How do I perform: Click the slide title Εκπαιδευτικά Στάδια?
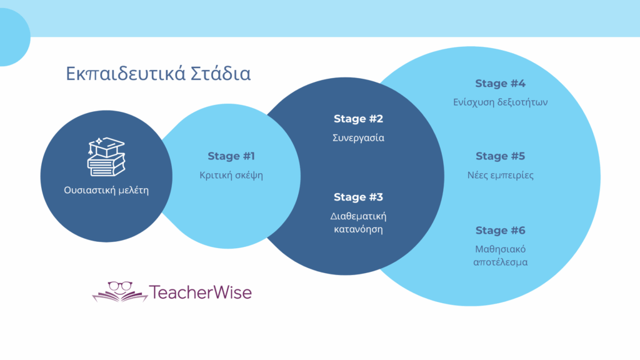(158, 74)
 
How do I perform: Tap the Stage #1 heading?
(231, 156)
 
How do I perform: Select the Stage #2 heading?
(358, 119)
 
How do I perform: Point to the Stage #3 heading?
(358, 197)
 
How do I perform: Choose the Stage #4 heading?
(501, 83)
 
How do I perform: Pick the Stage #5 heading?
(501, 156)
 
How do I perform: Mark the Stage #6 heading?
(501, 230)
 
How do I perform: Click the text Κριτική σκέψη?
(231, 175)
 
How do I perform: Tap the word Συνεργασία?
(358, 138)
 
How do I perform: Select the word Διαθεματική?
(358, 216)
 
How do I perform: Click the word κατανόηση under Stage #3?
(358, 229)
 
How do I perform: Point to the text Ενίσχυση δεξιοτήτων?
(501, 102)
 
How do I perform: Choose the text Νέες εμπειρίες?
(501, 175)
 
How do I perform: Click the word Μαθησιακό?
(501, 249)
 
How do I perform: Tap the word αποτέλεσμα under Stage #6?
(501, 262)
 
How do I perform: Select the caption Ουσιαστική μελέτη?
(106, 190)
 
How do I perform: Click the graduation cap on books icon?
(106, 157)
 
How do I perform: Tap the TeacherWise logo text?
(201, 292)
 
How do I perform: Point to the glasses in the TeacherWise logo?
(120, 286)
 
